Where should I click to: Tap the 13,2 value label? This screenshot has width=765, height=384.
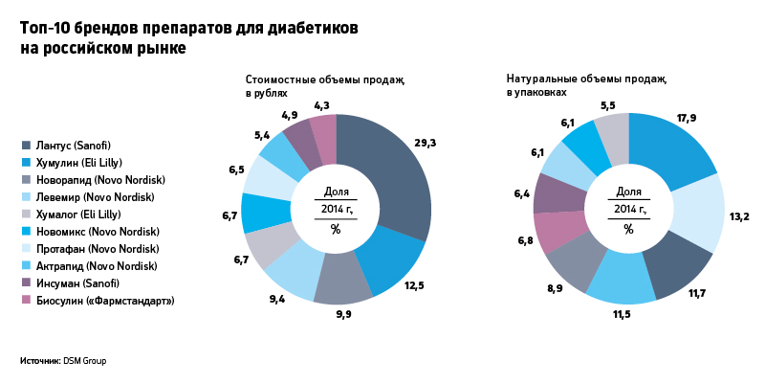click(x=739, y=218)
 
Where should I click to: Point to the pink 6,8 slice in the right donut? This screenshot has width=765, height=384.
click(x=554, y=232)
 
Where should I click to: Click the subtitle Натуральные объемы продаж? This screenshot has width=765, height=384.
click(x=586, y=79)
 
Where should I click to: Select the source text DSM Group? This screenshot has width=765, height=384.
click(x=85, y=361)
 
